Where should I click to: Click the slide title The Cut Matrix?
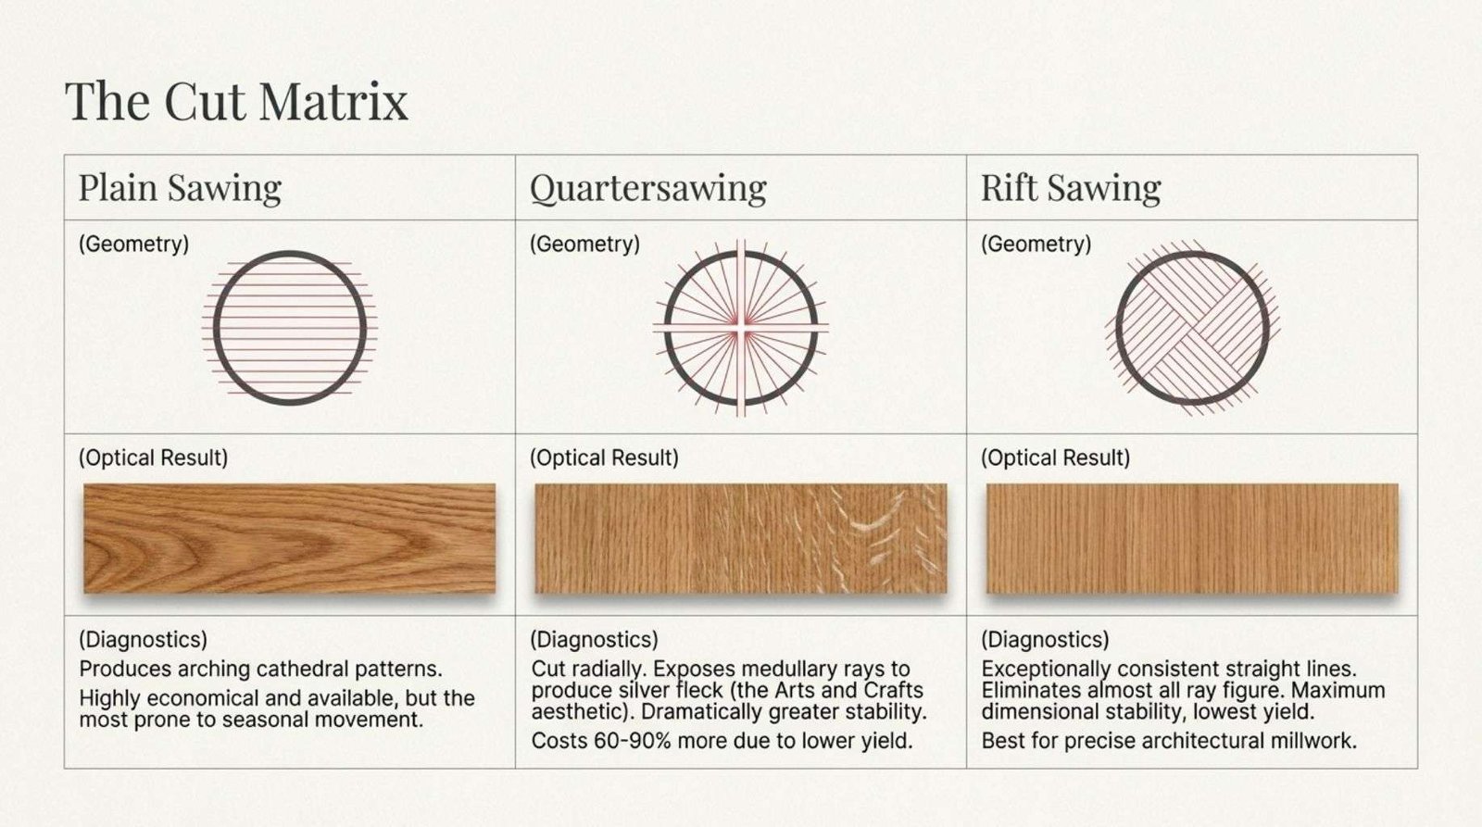[236, 101]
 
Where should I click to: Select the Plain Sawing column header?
[180, 188]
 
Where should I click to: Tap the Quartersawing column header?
[647, 188]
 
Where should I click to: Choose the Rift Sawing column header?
[1071, 188]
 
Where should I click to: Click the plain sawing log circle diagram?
[214, 328]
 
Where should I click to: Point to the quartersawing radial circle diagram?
[666, 328]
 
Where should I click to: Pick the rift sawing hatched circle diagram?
[1117, 328]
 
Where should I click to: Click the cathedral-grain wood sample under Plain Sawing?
[290, 539]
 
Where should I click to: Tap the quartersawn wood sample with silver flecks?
[741, 539]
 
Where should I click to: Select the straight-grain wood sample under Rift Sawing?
[1192, 539]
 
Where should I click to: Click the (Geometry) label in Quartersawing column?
[584, 244]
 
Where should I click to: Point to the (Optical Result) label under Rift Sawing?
[1055, 457]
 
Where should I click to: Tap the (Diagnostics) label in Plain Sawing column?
[143, 640]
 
